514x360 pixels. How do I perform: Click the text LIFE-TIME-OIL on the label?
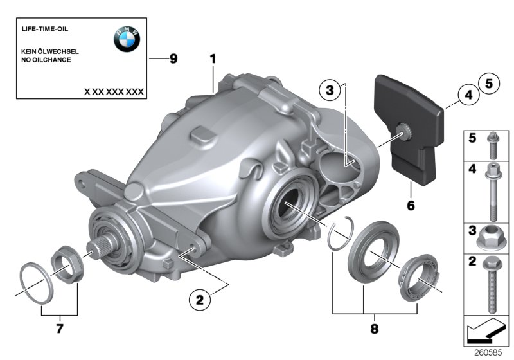tap(45, 30)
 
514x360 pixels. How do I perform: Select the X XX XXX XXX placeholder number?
tap(114, 92)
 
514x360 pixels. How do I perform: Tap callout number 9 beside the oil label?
tap(173, 59)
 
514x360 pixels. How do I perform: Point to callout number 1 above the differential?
tap(213, 59)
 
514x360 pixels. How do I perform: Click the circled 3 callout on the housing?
tap(329, 92)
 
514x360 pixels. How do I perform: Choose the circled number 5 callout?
tap(488, 83)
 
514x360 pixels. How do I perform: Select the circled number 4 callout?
tap(468, 96)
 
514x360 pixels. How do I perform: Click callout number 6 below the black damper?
tap(411, 206)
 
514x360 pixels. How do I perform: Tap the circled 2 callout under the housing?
tap(199, 298)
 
